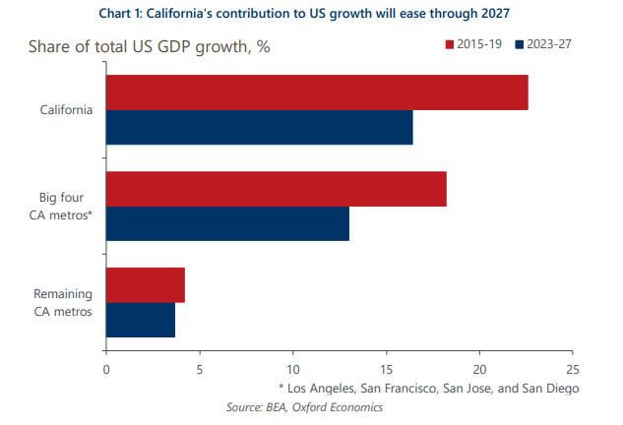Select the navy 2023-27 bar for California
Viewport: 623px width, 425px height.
(x=259, y=128)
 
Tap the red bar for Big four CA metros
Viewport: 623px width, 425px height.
(x=276, y=189)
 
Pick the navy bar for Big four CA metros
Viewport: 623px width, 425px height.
(x=227, y=223)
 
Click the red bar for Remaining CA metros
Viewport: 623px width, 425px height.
(x=145, y=284)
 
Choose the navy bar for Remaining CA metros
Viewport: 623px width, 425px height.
(x=141, y=320)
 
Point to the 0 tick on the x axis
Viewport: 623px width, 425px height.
(x=106, y=370)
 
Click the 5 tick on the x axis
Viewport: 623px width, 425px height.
(x=200, y=370)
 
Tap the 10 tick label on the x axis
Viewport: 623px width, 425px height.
(x=292, y=370)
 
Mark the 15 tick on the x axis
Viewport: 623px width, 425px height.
(x=386, y=370)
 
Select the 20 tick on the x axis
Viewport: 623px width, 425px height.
(x=479, y=370)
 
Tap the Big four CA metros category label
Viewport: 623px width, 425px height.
(x=66, y=206)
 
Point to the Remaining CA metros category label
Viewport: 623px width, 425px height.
(x=63, y=302)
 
